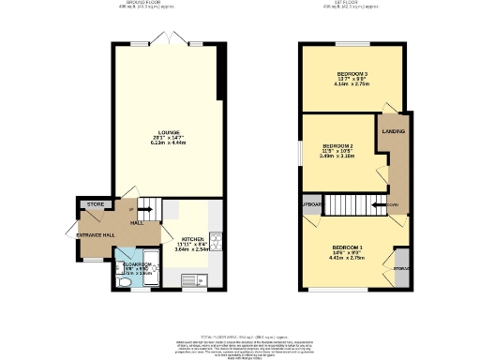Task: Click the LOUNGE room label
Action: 169,132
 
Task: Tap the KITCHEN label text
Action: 193,240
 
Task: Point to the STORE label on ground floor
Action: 94,203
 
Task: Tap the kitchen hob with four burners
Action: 214,241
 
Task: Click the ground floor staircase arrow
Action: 146,210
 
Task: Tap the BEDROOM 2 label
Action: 337,147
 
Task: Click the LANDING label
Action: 394,132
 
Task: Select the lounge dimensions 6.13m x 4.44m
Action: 169,143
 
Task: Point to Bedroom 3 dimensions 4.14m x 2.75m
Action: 352,84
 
